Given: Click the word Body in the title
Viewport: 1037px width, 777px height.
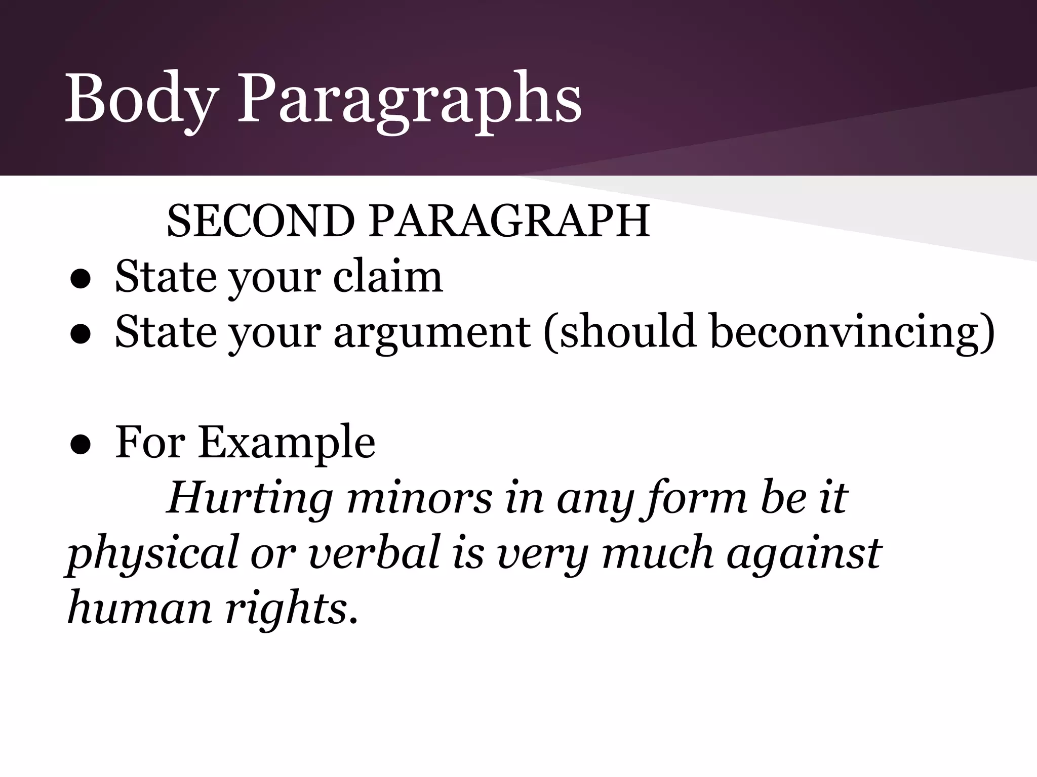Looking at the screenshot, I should click(142, 99).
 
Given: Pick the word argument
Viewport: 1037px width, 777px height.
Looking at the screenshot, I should click(432, 332).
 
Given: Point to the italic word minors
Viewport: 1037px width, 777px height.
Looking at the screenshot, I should click(420, 498).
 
